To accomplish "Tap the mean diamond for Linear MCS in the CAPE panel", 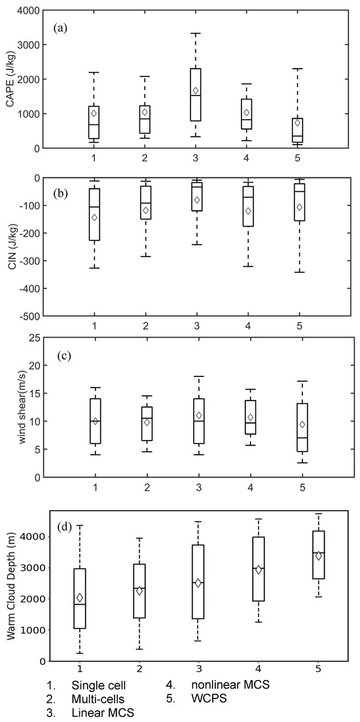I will click(196, 90).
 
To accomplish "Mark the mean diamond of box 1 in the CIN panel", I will click(95, 217).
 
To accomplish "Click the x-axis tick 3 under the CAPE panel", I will click(196, 158).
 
